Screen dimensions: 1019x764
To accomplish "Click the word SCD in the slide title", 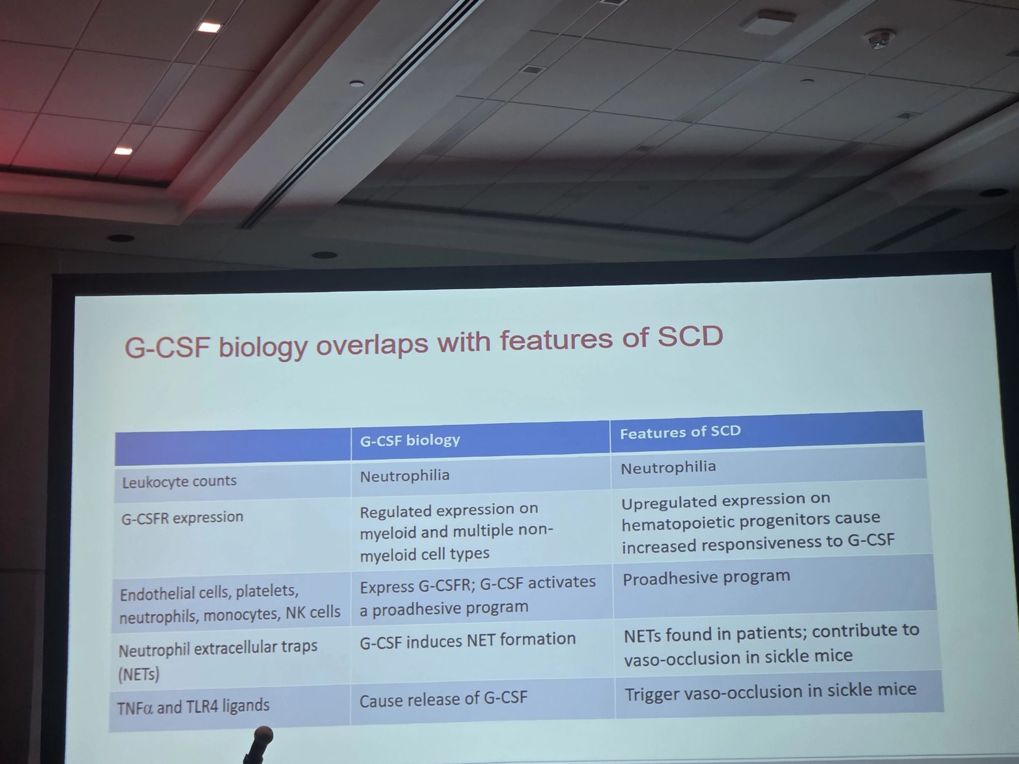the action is [x=690, y=337].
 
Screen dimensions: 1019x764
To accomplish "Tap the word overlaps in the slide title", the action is [x=372, y=344].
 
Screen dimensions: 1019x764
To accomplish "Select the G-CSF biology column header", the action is [x=410, y=440].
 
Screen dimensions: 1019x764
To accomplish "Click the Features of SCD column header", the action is [x=680, y=431].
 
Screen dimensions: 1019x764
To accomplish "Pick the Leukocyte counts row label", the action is [x=179, y=481].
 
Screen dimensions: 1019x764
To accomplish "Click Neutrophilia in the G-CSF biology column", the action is [x=405, y=476].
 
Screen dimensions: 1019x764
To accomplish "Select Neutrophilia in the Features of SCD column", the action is [x=668, y=468].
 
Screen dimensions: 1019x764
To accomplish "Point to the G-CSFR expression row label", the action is [x=182, y=518].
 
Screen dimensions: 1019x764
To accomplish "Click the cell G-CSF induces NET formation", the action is [x=467, y=640].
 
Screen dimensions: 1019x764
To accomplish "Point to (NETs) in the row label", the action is [x=139, y=674].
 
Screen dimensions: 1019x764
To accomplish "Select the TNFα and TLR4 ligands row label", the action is [x=193, y=707].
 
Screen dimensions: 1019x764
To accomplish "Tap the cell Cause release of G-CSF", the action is [x=443, y=699].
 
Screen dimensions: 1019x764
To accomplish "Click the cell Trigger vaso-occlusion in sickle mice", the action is [x=770, y=691].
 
